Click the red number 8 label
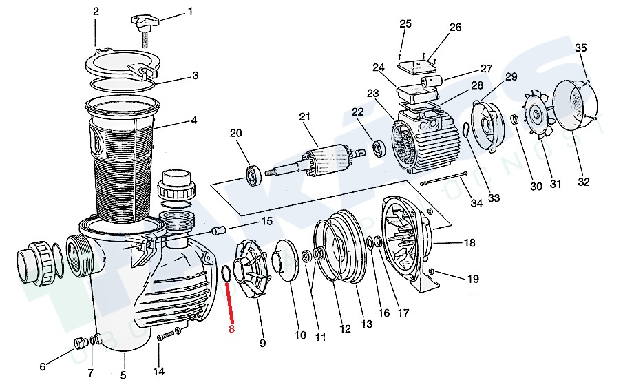pos(232,330)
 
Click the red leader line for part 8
pos(230,303)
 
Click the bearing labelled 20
pos(252,173)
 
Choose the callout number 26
pos(455,28)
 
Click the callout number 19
pos(473,279)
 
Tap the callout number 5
pos(124,375)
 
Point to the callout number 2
pos(96,12)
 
